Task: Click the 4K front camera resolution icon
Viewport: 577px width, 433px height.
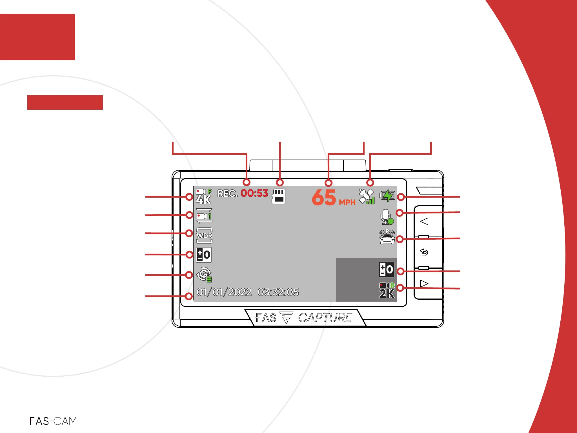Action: [204, 196]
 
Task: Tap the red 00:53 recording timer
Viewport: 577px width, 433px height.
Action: [254, 193]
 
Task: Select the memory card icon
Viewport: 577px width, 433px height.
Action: [278, 196]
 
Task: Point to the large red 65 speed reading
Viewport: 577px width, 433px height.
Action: [324, 197]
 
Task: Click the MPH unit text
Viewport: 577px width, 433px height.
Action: [347, 202]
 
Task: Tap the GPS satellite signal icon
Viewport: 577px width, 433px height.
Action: [367, 196]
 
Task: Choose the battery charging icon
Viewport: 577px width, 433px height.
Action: [387, 195]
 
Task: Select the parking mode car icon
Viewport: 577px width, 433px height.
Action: [387, 237]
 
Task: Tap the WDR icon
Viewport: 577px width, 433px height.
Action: [204, 235]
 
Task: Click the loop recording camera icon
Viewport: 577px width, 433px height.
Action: [204, 216]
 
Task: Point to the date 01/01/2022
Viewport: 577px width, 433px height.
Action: [224, 292]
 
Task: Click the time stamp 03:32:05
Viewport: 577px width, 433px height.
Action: [278, 292]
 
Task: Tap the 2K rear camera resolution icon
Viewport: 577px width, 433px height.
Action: [387, 291]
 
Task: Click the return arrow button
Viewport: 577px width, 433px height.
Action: [424, 252]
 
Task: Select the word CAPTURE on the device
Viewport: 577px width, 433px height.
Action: [325, 318]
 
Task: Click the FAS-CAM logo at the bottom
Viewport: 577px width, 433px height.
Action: [53, 421]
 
